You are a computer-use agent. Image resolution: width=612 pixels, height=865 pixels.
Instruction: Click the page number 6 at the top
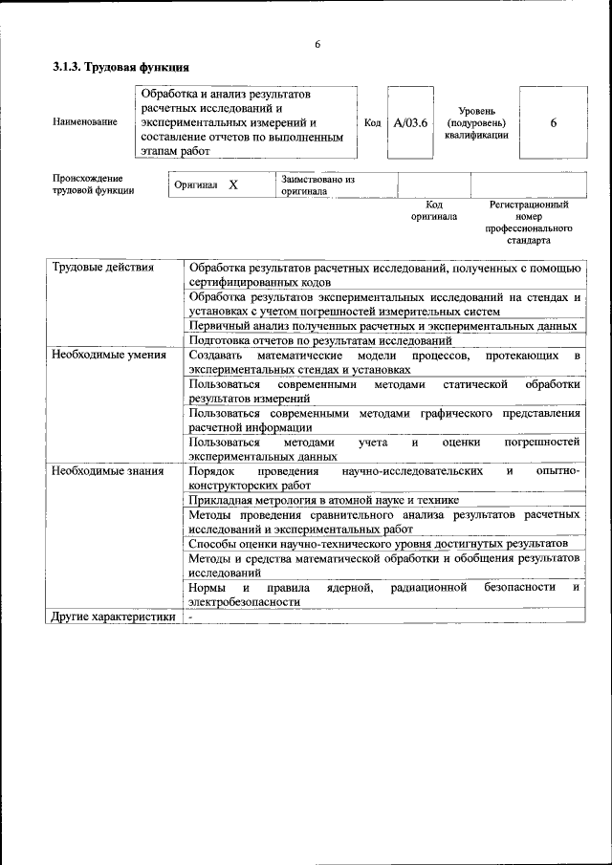(317, 45)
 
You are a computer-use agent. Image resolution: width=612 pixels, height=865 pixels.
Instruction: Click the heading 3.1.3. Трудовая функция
(120, 68)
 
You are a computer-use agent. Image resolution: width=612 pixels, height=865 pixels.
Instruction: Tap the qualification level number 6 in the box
(553, 123)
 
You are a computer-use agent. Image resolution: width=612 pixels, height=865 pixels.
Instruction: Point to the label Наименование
(85, 122)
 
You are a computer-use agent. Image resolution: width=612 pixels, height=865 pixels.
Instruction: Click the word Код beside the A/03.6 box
(373, 123)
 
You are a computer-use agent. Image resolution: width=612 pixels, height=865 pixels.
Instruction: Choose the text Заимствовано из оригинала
(317, 184)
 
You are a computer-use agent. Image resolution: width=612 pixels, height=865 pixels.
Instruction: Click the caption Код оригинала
(434, 210)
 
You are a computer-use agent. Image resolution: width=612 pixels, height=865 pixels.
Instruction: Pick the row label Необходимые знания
(108, 472)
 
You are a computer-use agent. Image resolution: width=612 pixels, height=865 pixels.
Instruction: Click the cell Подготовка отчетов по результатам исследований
(320, 340)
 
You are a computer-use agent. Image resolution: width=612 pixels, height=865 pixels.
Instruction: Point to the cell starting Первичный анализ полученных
(382, 326)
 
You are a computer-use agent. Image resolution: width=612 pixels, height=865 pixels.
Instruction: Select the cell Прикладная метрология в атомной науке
(324, 500)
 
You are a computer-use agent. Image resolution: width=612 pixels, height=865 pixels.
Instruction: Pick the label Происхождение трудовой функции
(93, 184)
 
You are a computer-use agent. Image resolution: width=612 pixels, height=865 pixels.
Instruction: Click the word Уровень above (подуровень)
(476, 111)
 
